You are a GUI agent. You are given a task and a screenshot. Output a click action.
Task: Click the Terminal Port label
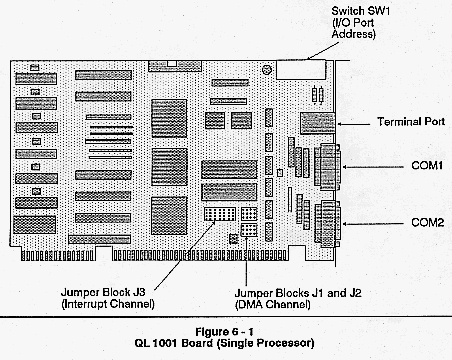pos(411,121)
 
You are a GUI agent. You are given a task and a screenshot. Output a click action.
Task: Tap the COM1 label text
pos(427,165)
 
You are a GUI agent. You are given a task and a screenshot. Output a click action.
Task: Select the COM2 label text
pos(428,222)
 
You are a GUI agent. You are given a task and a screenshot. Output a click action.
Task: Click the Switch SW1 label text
pos(360,11)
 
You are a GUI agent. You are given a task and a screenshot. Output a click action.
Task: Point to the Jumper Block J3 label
pos(103,292)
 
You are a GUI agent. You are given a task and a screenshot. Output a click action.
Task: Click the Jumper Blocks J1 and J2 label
pos(298,293)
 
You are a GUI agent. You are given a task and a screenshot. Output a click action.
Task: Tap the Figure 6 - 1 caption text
pos(224,332)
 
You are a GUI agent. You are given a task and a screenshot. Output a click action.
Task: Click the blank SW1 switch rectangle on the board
pos(301,70)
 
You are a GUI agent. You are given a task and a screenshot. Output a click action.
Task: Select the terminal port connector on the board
pos(317,123)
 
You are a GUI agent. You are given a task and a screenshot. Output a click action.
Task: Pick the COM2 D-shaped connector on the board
pos(328,224)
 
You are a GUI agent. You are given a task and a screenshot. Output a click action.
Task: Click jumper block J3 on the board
pos(220,214)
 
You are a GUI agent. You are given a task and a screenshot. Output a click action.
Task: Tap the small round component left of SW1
pos(267,70)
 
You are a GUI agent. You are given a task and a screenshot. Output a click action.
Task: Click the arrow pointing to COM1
pos(373,167)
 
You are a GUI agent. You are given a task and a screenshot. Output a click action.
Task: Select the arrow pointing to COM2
pos(373,224)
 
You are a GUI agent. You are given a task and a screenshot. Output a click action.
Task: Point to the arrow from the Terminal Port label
pos(354,124)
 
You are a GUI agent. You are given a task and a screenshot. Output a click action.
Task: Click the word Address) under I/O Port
pos(354,34)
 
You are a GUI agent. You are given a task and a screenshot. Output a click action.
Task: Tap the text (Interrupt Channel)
pos(108,304)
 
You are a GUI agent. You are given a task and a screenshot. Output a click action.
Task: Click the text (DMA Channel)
pos(273,305)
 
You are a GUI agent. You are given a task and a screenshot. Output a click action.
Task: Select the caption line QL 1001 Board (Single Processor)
pos(224,343)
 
